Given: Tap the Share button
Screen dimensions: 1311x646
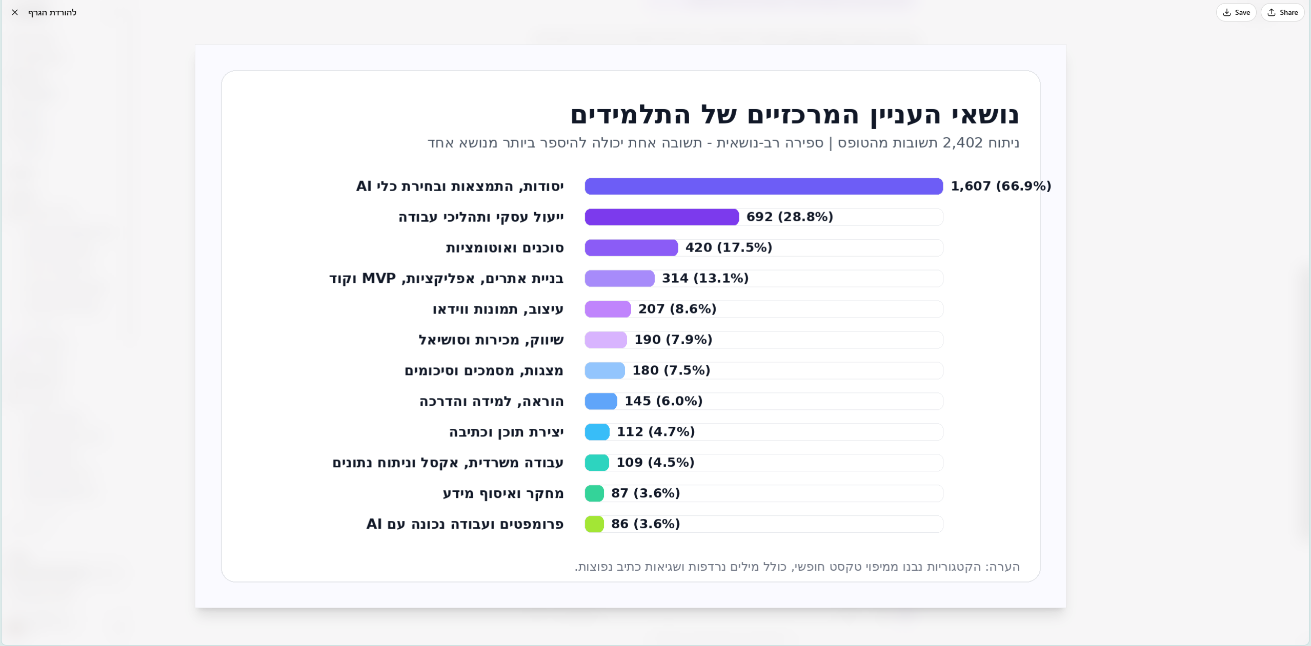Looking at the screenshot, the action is tap(1282, 12).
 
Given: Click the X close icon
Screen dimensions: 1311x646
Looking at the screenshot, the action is tap(15, 12).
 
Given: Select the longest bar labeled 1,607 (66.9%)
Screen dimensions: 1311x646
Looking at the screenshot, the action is tap(763, 186).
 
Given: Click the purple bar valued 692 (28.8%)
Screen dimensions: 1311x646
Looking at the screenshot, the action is tap(662, 217).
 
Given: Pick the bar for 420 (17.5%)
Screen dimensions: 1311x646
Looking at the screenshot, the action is tap(632, 247).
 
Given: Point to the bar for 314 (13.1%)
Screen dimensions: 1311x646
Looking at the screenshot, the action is tap(620, 278).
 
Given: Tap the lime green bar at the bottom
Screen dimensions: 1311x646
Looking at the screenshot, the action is tap(594, 524).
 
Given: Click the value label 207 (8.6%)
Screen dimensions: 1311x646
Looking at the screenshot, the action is tap(677, 309).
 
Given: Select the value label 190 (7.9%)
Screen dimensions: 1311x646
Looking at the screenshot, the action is tap(673, 340).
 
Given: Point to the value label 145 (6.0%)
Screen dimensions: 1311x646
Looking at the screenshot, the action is tap(663, 401).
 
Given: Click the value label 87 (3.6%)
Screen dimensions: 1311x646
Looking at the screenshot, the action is tap(646, 493).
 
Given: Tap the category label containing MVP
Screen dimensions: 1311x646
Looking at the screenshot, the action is tap(447, 279).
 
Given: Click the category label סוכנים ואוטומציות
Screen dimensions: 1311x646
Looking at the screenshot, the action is tap(505, 248).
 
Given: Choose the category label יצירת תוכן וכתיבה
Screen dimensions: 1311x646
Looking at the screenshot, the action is tap(507, 432).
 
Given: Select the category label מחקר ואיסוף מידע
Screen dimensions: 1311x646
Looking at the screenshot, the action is tap(503, 494).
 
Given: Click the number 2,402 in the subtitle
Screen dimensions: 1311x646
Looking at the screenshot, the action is tap(963, 143).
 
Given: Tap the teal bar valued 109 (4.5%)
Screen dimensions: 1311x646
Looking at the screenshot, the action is tap(597, 463).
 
